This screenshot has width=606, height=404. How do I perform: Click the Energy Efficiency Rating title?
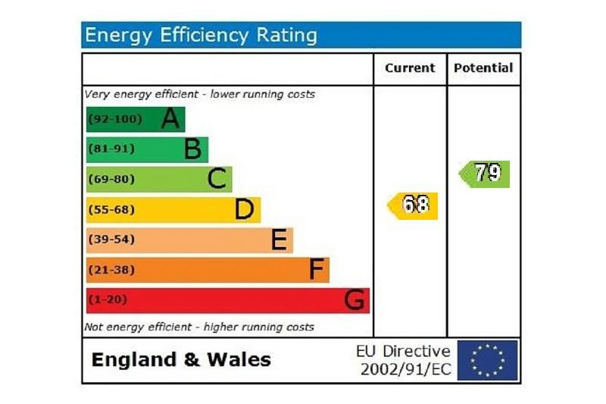[201, 35]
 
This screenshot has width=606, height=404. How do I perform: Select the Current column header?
[410, 68]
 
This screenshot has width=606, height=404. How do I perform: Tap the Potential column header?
[483, 68]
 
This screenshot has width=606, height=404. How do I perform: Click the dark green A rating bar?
[136, 119]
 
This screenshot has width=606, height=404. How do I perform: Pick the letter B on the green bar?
[192, 149]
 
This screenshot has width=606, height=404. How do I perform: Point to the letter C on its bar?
[217, 180]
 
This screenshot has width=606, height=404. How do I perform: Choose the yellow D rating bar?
[173, 209]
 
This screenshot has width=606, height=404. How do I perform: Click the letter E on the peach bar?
[279, 240]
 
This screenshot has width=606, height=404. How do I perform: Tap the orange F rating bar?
[208, 270]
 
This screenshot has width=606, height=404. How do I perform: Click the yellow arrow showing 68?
[413, 205]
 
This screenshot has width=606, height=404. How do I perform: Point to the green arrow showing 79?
[485, 174]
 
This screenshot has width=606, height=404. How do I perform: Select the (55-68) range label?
[112, 209]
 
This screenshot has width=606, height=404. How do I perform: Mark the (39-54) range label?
[112, 240]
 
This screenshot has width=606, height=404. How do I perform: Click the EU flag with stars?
[487, 360]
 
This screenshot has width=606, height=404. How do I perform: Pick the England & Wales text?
[181, 359]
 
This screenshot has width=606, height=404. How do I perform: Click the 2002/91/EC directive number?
[405, 369]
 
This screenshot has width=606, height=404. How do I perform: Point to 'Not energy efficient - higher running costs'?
[198, 327]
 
